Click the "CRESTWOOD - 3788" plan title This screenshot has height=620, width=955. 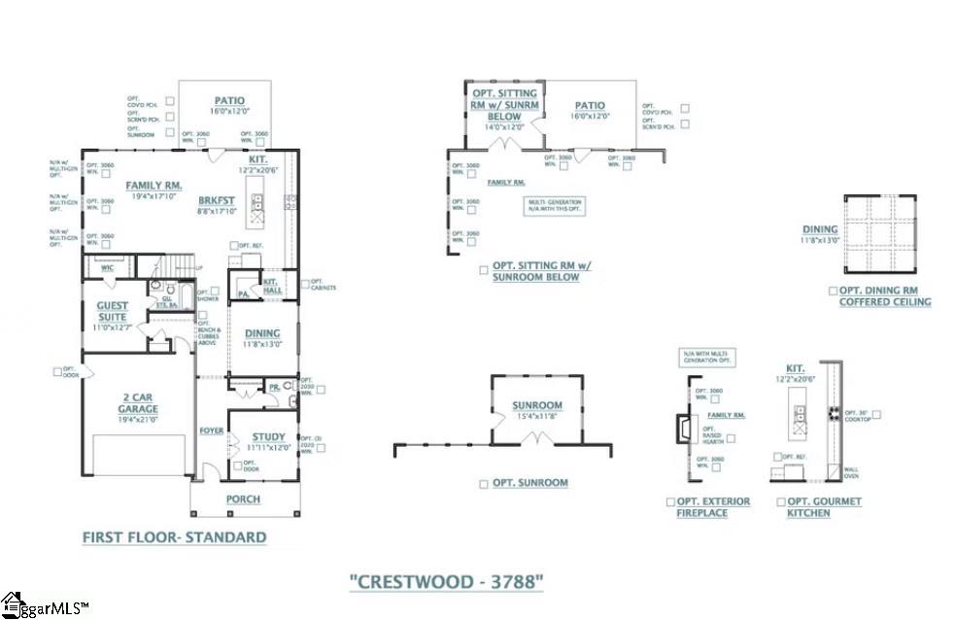(446, 582)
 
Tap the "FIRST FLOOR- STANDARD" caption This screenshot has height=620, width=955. (174, 536)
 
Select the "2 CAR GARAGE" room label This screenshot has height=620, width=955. (139, 403)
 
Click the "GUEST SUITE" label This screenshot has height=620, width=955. (113, 311)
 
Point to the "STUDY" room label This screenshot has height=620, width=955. (268, 438)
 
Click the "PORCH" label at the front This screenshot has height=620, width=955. (243, 499)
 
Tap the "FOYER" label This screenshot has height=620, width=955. (212, 431)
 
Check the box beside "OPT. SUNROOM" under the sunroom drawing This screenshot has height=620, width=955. (484, 483)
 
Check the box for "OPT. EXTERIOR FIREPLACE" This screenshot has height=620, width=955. (670, 501)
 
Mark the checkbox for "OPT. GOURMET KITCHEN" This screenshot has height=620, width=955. (780, 501)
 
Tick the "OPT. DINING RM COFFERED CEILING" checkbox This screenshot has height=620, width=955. (833, 291)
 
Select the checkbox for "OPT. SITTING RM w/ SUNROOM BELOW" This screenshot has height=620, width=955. (484, 270)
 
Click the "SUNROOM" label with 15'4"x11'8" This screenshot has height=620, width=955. (537, 405)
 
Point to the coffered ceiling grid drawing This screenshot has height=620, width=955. (880, 233)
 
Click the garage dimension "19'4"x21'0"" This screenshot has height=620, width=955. (139, 420)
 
